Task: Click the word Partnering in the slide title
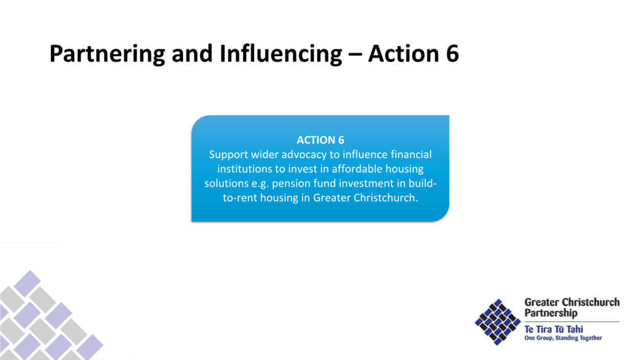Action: [108, 54]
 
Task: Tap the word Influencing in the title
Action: [281, 54]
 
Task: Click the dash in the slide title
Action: [355, 54]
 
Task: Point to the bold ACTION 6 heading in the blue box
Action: [320, 140]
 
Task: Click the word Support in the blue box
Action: [228, 155]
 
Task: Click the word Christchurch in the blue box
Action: [386, 198]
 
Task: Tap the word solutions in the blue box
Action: [226, 184]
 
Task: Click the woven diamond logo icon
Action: [498, 322]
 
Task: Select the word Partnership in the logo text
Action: [551, 313]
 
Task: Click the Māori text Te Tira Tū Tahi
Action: [553, 329]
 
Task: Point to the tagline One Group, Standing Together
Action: [563, 338]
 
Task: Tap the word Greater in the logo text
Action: [542, 302]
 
